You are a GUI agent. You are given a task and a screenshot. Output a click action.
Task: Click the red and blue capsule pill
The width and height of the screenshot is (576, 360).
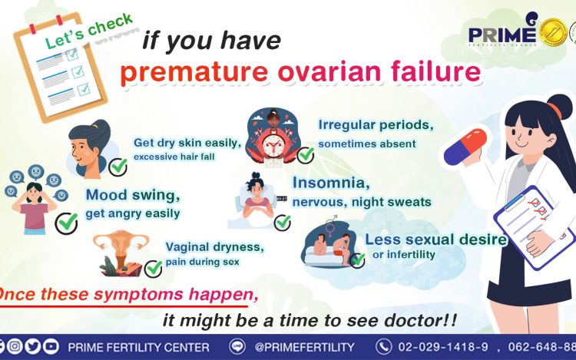[465, 147]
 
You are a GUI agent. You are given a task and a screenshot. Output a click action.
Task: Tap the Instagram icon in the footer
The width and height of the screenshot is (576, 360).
[15, 346]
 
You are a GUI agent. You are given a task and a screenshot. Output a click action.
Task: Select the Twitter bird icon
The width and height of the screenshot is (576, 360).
[33, 346]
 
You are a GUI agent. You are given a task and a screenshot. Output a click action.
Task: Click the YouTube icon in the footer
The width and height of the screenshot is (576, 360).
[51, 346]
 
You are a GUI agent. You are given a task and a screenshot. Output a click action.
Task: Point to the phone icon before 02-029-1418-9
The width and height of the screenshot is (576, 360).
[383, 346]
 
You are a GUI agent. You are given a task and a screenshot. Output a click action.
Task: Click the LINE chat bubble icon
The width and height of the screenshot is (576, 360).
[237, 346]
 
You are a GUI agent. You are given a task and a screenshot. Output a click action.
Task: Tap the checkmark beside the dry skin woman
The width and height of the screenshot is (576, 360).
[118, 167]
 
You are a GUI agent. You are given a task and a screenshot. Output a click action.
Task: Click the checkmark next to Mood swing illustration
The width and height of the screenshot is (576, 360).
[67, 223]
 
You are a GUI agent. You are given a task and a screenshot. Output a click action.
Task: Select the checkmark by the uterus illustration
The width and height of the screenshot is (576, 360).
[153, 269]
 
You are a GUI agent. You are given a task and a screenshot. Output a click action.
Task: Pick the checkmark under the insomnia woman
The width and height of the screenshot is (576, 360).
[283, 223]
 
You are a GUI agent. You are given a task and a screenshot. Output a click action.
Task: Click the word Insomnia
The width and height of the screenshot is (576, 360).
[331, 183]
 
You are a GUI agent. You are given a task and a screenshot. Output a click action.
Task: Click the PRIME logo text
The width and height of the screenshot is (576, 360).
[502, 35]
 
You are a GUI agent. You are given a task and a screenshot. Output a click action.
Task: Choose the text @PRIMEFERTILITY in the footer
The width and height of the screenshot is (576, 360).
[305, 347]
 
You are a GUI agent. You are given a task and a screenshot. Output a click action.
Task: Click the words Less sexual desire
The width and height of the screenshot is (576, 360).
[436, 239]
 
